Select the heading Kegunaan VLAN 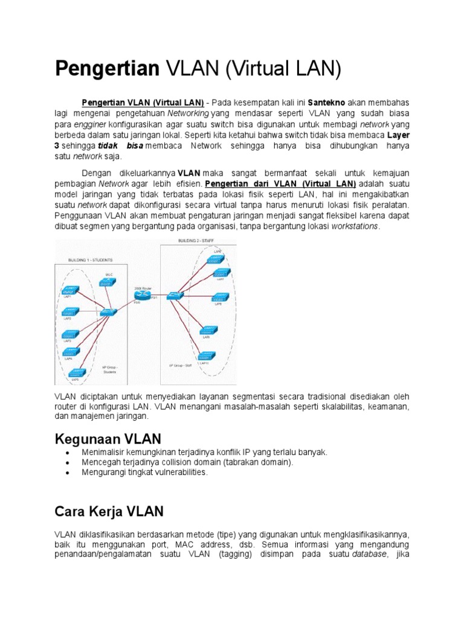[x=108, y=438]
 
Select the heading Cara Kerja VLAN [x=109, y=512]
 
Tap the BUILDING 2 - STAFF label [x=197, y=241]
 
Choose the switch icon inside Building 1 [x=109, y=312]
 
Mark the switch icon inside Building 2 [x=175, y=296]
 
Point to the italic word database [x=369, y=555]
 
